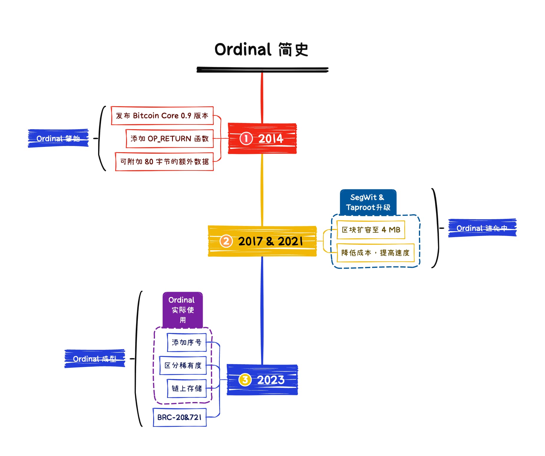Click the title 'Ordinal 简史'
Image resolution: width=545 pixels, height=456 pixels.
pos(261,50)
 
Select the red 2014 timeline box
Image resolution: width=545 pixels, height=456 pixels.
pos(262,138)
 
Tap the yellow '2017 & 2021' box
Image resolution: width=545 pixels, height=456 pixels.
pos(262,241)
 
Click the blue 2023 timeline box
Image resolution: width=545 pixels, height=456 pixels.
pos(262,380)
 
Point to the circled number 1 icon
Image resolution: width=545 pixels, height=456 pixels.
pos(246,138)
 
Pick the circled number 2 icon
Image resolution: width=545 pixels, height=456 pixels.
pos(226,241)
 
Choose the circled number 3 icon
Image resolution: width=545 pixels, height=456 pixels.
pos(245,380)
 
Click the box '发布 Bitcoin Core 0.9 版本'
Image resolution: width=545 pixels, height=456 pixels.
pos(162,116)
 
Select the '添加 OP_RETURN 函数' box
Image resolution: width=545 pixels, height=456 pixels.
pos(169,139)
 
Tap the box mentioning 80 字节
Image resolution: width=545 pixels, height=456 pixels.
pos(164,162)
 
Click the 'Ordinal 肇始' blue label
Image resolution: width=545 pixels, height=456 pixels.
pos(58,138)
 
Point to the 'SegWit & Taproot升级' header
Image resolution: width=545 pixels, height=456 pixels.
pos(368,202)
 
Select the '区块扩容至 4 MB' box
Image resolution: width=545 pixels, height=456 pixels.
pos(371,230)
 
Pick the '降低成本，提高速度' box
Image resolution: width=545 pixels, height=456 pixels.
pos(375,253)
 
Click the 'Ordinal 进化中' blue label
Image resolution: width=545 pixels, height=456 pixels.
pos(482,228)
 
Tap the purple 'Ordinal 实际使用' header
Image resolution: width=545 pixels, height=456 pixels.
pos(183,310)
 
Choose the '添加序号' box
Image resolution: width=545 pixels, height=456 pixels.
pos(186,342)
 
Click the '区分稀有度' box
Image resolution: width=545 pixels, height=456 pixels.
pos(183,365)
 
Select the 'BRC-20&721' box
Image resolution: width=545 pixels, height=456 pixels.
pos(179,417)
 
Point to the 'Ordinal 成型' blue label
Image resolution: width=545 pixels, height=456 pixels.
pos(95,359)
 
